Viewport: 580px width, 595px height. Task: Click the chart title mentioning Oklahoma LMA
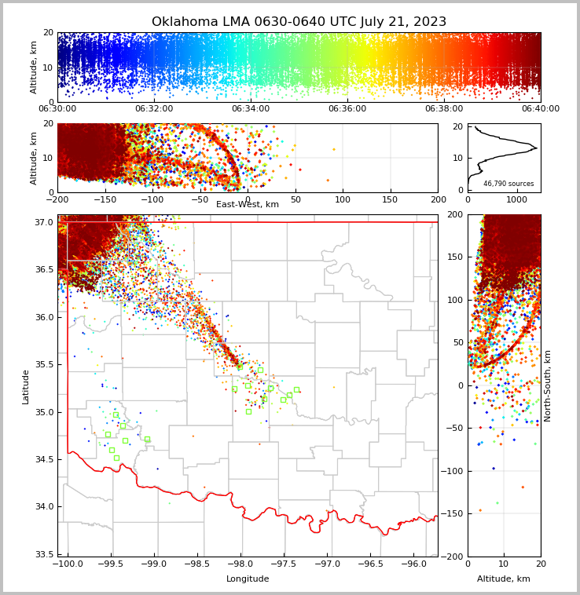click(299, 22)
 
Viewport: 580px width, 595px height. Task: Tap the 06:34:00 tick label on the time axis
click(251, 109)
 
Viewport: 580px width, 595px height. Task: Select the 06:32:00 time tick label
click(154, 109)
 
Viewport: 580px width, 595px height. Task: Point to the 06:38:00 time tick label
click(444, 109)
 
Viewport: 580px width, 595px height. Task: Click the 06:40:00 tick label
click(541, 109)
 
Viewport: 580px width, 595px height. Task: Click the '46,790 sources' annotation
click(508, 184)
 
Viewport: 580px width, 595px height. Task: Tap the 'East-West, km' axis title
click(248, 204)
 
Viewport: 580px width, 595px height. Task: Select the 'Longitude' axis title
click(248, 579)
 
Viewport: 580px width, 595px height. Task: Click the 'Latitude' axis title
click(26, 386)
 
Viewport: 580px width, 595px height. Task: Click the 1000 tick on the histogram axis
click(516, 200)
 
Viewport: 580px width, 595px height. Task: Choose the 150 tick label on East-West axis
click(391, 200)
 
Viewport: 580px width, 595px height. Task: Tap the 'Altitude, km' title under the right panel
click(504, 579)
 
